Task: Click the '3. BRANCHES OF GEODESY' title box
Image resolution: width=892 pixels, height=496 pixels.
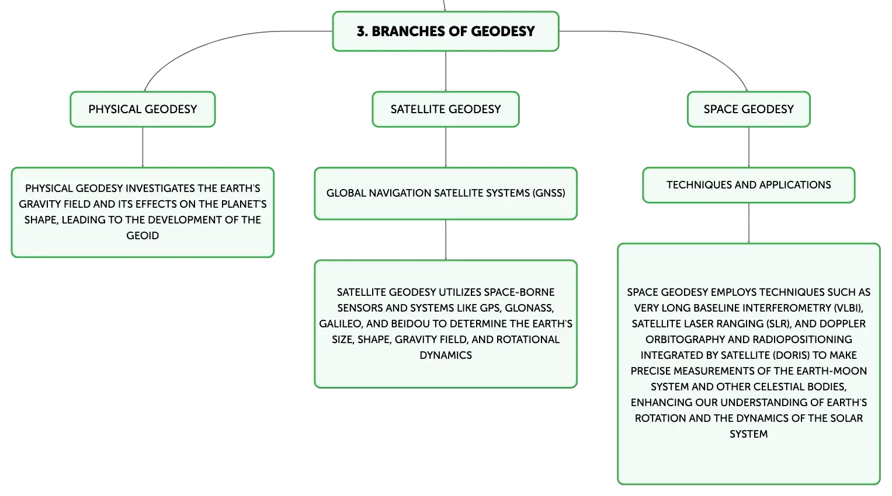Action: [x=446, y=32]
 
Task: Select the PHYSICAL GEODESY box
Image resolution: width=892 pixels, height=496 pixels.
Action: [x=143, y=109]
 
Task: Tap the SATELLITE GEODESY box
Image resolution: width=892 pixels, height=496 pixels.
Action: [x=446, y=109]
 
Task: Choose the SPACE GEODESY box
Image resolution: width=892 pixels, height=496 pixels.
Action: [x=749, y=109]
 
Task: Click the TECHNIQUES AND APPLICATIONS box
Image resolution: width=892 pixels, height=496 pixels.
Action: [x=749, y=185]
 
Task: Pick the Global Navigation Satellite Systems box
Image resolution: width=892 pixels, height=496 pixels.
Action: [x=446, y=193]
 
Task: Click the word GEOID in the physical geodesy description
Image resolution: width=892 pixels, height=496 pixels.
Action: [x=143, y=236]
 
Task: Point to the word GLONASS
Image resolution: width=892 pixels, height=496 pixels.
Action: [x=529, y=308]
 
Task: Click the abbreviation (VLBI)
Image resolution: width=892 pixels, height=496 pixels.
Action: [x=848, y=308]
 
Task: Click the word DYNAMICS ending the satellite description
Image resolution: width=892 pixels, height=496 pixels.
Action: [x=446, y=355]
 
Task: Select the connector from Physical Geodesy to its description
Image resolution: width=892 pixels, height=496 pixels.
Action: [x=143, y=147]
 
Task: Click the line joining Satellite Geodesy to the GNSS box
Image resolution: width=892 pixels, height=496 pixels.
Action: [x=446, y=147]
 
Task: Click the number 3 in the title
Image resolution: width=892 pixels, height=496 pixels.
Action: [x=361, y=32]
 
